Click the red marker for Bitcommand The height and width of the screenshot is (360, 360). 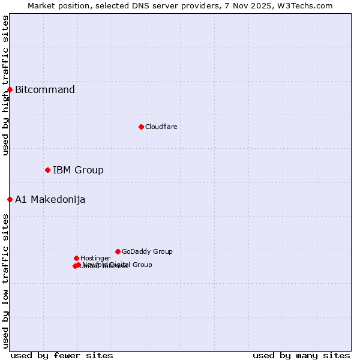(10, 89)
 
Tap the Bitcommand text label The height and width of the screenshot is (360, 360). (45, 90)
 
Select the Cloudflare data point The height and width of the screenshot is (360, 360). (141, 127)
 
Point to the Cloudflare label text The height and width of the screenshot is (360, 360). (161, 127)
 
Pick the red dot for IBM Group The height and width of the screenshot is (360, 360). (47, 170)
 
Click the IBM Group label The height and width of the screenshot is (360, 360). (78, 170)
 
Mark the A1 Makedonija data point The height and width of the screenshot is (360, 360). (10, 199)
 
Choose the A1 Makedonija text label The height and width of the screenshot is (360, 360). (50, 200)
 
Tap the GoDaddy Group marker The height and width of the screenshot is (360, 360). (118, 251)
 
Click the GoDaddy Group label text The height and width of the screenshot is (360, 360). (147, 252)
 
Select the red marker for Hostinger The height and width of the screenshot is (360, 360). (76, 258)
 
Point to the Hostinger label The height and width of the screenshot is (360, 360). (95, 259)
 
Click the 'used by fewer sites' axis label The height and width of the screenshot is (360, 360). (62, 356)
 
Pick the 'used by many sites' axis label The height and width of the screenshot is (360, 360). (301, 356)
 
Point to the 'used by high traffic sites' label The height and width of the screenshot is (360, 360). (5, 85)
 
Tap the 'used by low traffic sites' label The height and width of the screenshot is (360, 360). (5, 281)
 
